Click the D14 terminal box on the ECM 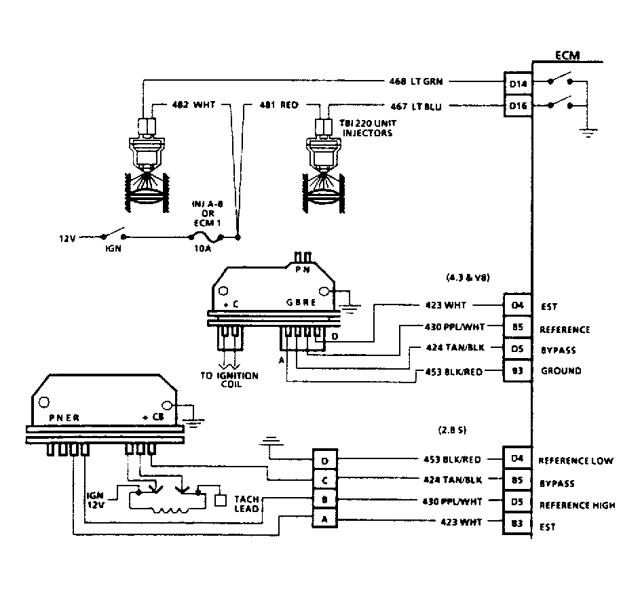517,84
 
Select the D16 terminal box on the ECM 517,106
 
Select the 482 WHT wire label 193,106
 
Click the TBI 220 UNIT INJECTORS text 366,129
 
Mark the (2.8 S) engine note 453,431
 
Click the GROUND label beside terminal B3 561,371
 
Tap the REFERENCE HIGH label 577,505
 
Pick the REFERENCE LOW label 576,460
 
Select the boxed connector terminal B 324,500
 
